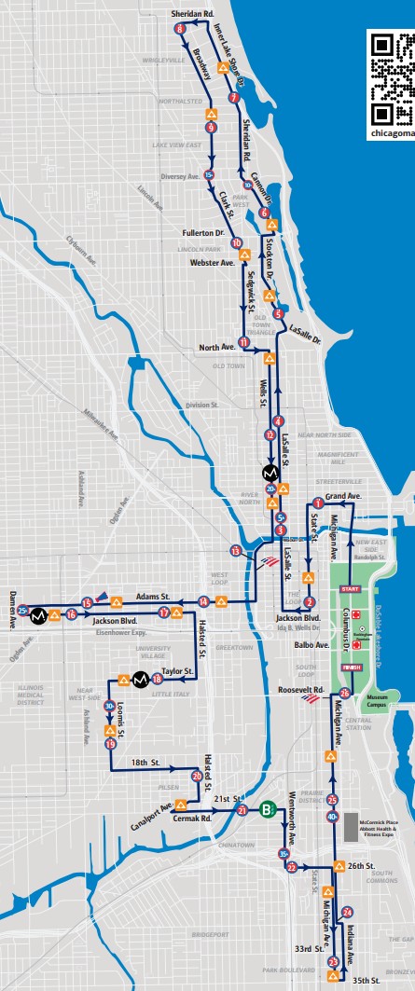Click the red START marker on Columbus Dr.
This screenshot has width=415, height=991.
click(x=351, y=589)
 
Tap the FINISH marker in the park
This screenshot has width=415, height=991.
click(x=351, y=667)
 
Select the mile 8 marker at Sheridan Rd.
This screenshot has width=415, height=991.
click(x=180, y=31)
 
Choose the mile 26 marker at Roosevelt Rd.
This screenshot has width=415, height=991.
click(x=345, y=693)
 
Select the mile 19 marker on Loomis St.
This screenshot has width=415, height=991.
click(x=111, y=744)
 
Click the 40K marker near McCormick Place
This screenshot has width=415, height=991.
click(x=332, y=817)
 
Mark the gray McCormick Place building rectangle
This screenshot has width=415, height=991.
click(x=352, y=827)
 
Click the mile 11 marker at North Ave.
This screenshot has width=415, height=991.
click(x=243, y=341)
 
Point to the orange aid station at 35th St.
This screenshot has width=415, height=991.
click(x=334, y=976)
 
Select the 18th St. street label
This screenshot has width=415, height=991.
click(x=145, y=762)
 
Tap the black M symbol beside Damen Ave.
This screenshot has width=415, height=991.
click(x=39, y=616)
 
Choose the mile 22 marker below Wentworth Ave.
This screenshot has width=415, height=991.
click(x=292, y=867)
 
